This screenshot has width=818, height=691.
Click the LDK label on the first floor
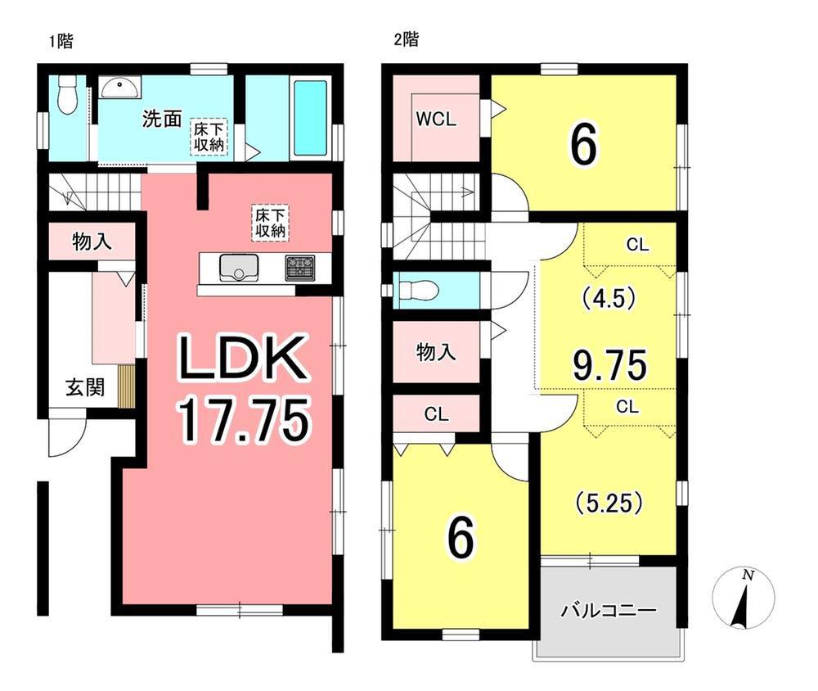point(243,359)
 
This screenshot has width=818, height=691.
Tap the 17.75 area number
point(244,418)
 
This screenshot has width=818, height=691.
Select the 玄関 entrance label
point(84,387)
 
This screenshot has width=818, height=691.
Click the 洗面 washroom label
point(162,119)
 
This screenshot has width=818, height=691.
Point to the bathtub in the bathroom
point(310,118)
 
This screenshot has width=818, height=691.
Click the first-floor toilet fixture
point(67,94)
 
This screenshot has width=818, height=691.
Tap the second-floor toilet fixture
point(419,290)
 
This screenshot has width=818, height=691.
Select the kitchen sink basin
point(239,267)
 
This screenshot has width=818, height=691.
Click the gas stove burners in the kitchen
point(300,267)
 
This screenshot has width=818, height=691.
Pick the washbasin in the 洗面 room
point(120,87)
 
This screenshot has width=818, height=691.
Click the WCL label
point(436,119)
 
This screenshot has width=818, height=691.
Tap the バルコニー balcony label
point(609,610)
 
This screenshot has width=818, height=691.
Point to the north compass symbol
point(744,598)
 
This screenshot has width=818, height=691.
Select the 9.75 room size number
point(610,364)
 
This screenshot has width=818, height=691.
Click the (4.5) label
point(609,299)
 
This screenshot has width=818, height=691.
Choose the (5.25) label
point(609,503)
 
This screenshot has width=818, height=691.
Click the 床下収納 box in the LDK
point(271,223)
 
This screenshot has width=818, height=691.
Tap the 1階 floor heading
point(61,41)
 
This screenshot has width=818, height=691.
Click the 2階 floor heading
point(407,39)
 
